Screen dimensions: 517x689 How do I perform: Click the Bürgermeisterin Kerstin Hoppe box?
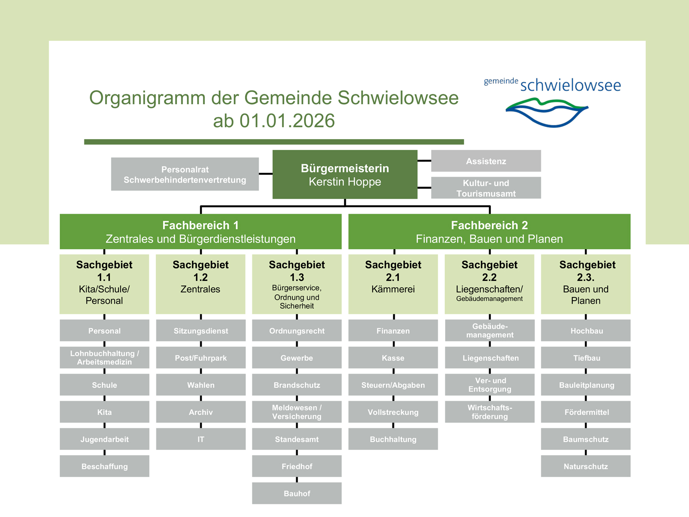[x=344, y=174]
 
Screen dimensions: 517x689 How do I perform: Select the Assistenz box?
[x=486, y=161]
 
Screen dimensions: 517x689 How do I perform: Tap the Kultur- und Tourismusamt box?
[x=486, y=188]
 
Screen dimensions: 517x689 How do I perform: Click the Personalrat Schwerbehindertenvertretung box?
[x=185, y=174]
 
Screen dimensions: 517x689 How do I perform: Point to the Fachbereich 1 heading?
[x=200, y=226]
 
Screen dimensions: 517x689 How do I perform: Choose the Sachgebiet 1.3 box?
[x=297, y=284]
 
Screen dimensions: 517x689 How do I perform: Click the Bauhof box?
[x=297, y=493]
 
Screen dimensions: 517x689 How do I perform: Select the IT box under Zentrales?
[x=201, y=439]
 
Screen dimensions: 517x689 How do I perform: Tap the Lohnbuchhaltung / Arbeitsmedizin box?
[x=104, y=358]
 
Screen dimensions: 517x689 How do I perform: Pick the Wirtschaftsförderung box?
[x=490, y=412]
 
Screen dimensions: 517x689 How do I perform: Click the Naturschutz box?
[x=586, y=466]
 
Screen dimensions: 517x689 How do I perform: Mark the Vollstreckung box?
[x=393, y=412]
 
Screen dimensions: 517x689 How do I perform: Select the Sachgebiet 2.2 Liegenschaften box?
[x=489, y=284]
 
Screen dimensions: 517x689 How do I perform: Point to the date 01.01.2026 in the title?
[x=287, y=121]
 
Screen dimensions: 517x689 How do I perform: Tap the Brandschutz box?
[x=297, y=385]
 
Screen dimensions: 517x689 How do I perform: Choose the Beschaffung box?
[x=104, y=466]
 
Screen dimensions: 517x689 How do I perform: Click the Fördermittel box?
[x=586, y=412]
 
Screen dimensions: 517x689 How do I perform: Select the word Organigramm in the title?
[x=147, y=98]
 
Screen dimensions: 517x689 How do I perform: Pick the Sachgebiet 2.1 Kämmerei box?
[x=393, y=284]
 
